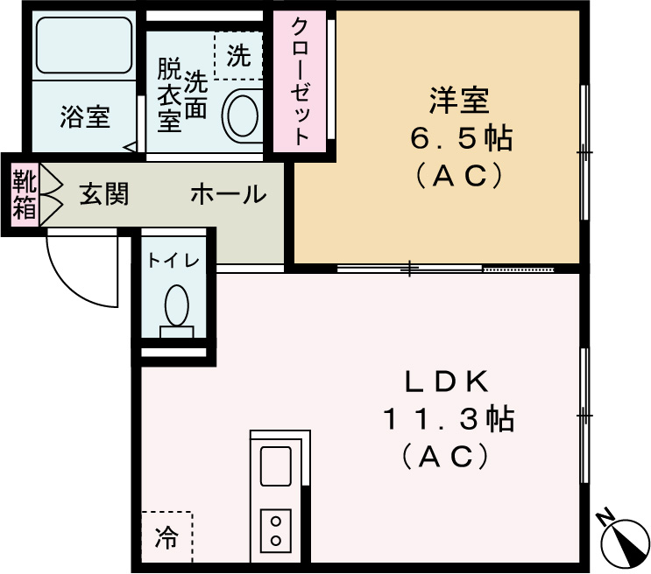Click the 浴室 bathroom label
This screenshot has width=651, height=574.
[x=85, y=117]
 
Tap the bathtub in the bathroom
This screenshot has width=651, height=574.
[x=84, y=49]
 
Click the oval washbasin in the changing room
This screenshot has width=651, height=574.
[x=242, y=115]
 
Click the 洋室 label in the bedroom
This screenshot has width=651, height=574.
[x=458, y=101]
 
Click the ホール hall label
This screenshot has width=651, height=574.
[x=228, y=194]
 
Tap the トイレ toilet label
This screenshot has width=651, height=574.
[x=173, y=260]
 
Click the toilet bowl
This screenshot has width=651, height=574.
[x=176, y=306]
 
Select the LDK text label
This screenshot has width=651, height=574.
[x=445, y=381]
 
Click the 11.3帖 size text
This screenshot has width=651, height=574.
[x=447, y=419]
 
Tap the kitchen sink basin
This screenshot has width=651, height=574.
[x=276, y=465]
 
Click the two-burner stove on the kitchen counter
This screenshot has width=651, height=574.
[x=276, y=529]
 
